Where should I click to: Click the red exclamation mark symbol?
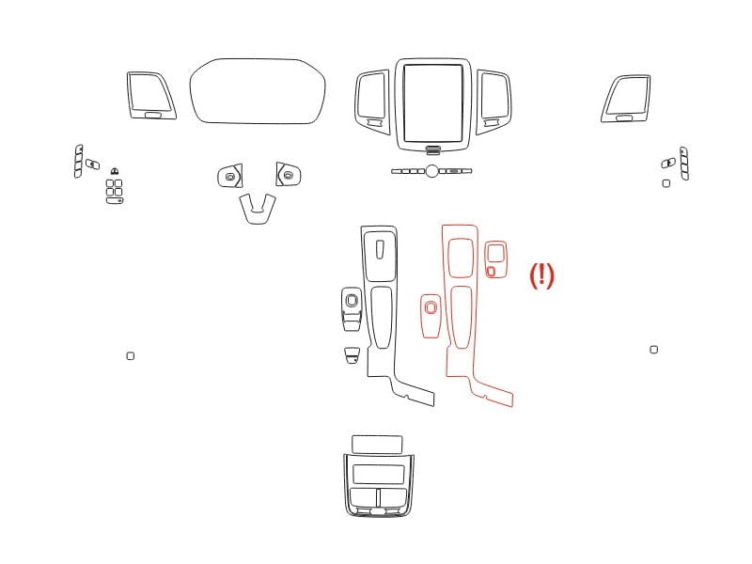(x=541, y=275)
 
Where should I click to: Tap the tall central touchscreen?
(x=433, y=103)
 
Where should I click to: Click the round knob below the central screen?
(x=431, y=171)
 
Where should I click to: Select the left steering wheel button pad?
(x=229, y=177)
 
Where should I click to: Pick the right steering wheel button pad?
(x=289, y=175)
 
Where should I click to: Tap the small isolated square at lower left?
(x=131, y=356)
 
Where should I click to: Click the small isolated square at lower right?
(x=653, y=350)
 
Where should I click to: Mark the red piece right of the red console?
(x=495, y=259)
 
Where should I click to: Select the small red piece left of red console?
(x=431, y=316)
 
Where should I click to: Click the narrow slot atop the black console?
(x=380, y=249)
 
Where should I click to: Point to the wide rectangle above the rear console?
(x=377, y=444)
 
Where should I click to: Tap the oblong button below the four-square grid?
(x=114, y=200)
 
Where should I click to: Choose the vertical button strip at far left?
(x=78, y=162)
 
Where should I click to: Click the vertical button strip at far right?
(x=684, y=164)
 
